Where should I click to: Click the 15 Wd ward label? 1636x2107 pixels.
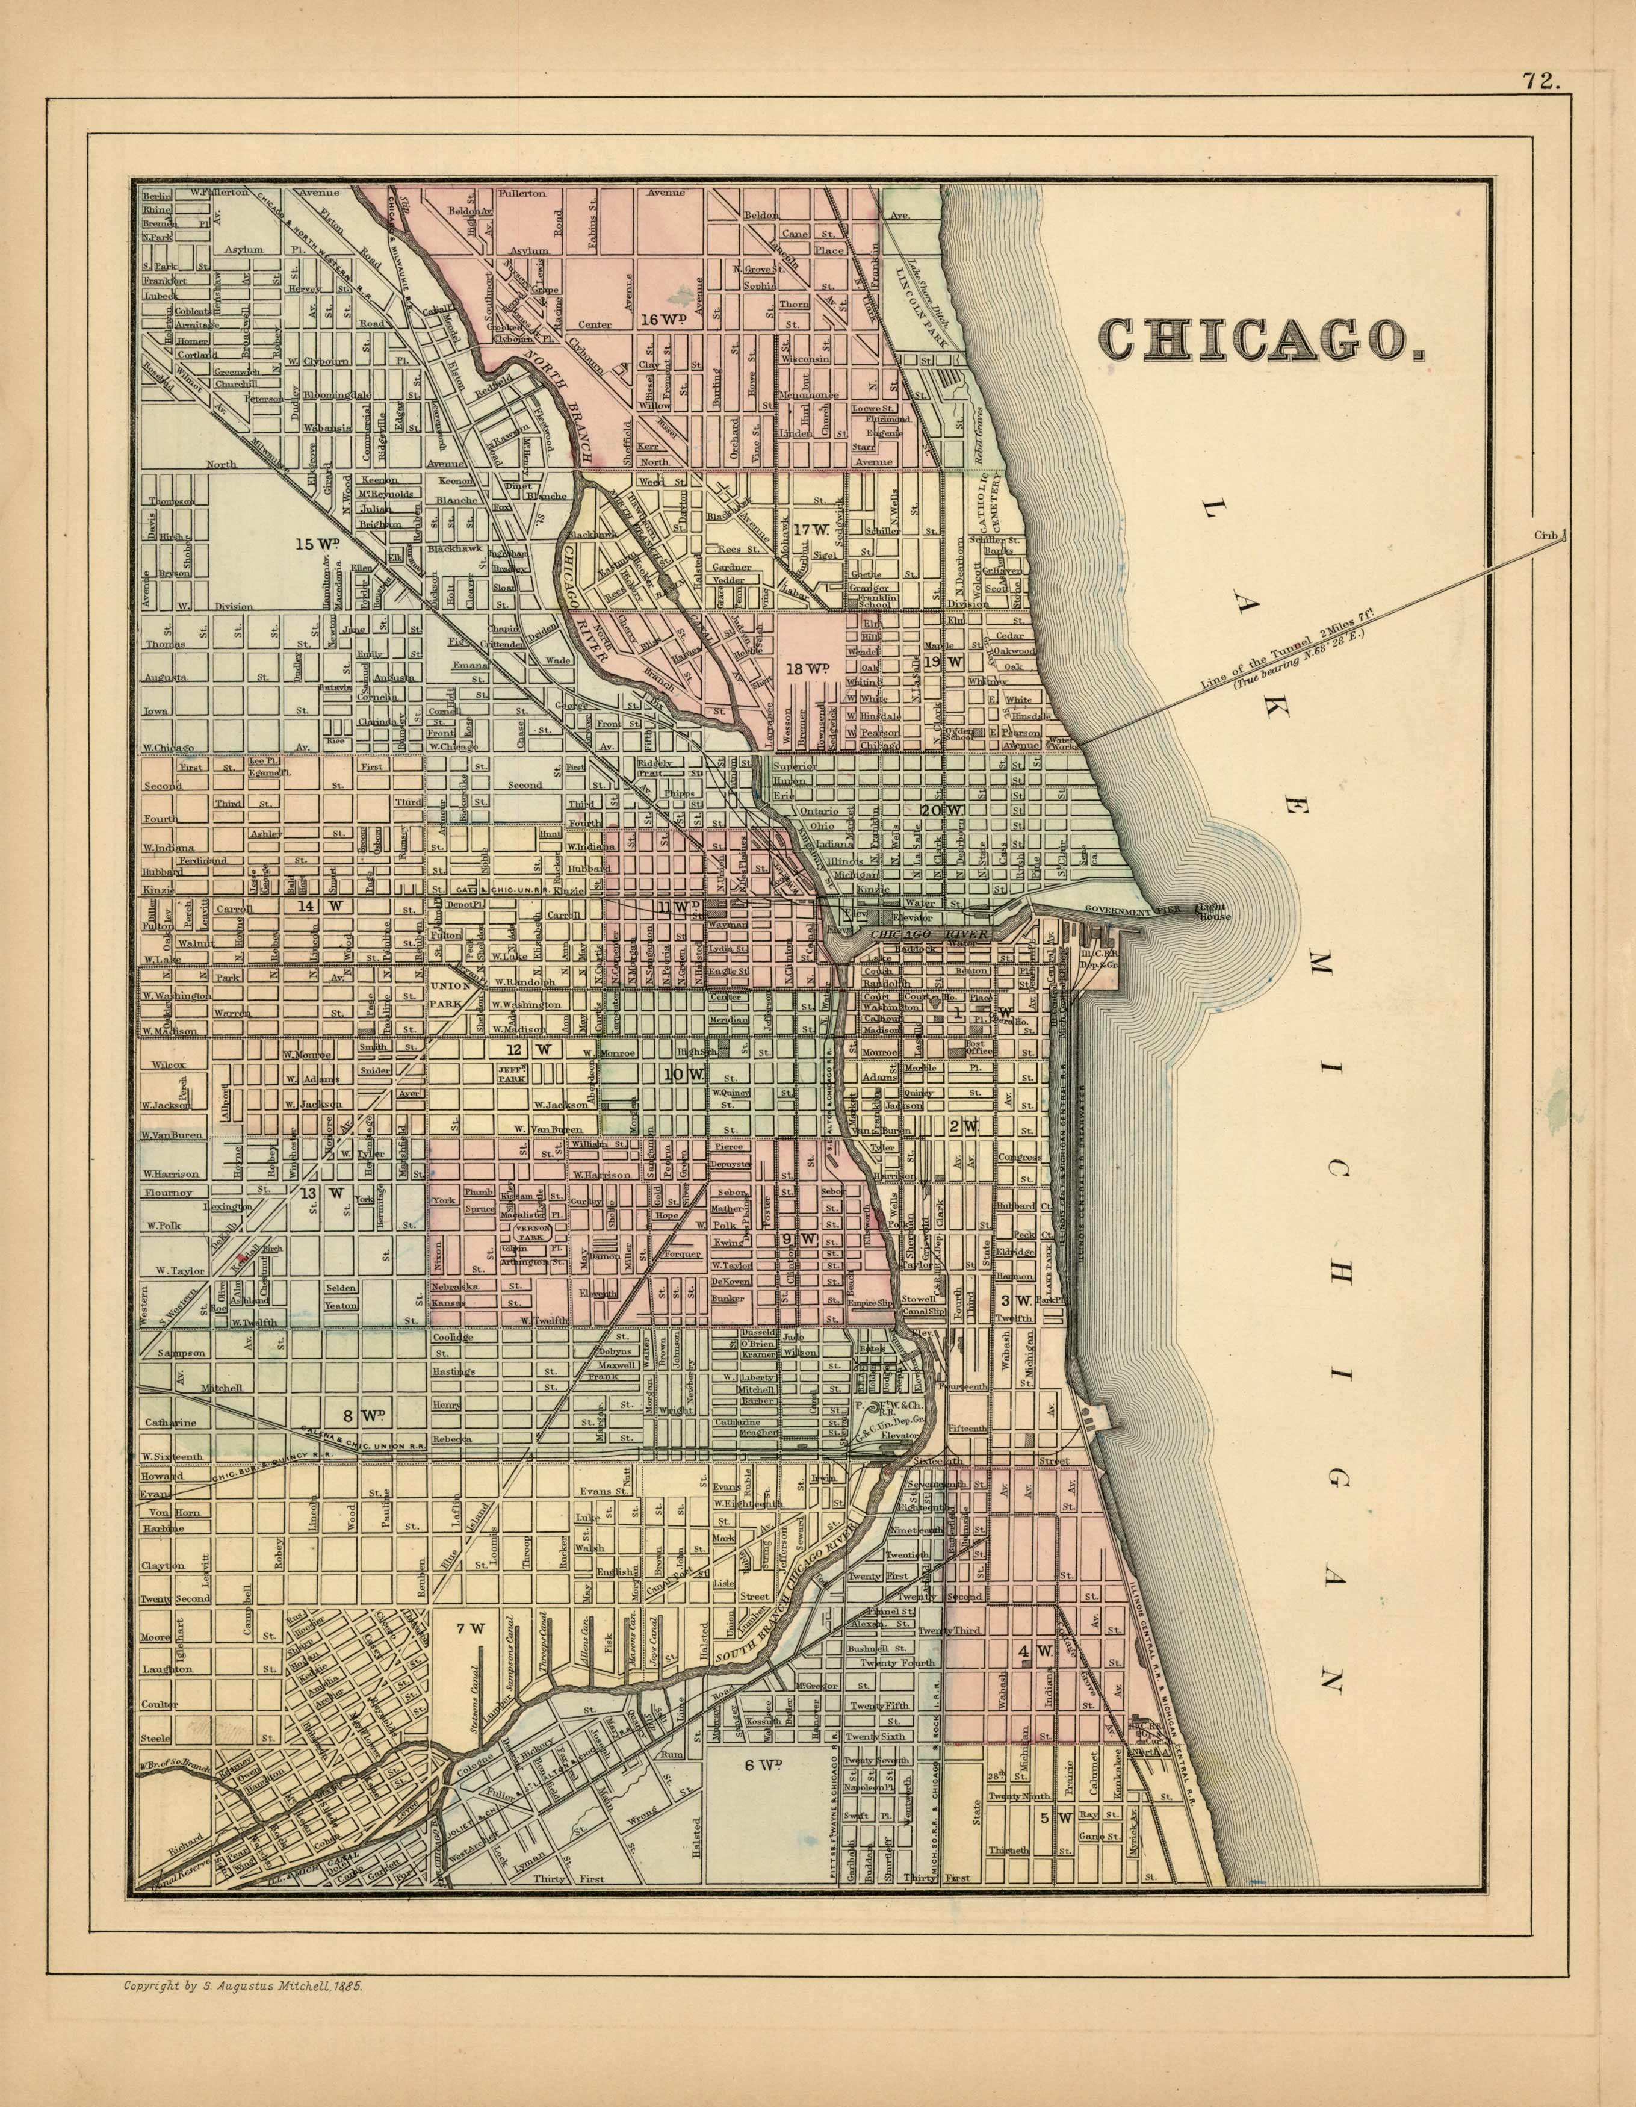(x=319, y=543)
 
